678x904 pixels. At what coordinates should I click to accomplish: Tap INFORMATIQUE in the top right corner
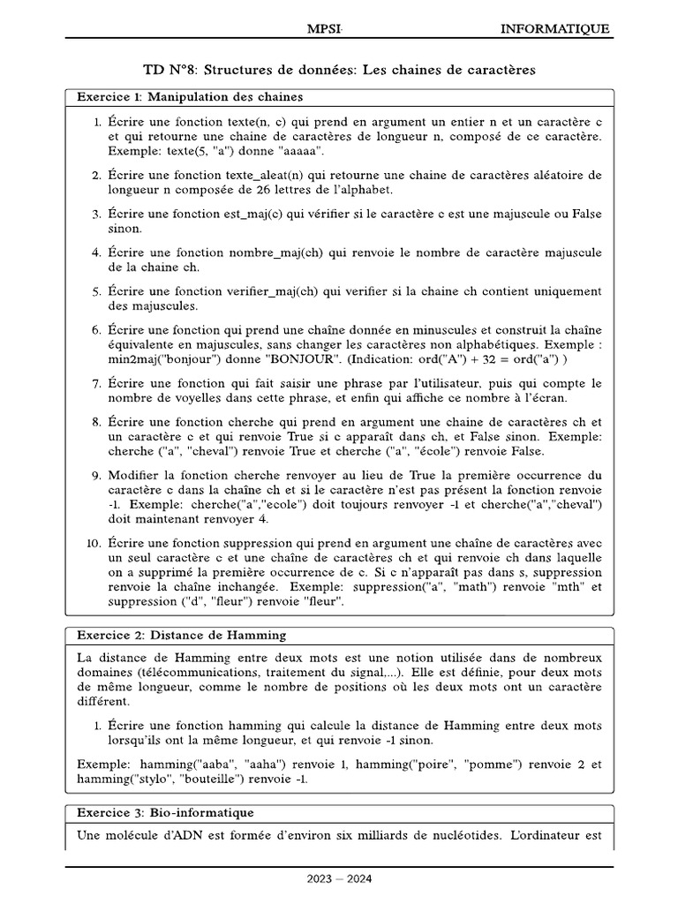point(554,29)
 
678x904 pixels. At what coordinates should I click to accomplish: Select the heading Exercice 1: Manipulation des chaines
point(191,96)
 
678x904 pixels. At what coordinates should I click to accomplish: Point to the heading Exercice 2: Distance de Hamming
point(181,635)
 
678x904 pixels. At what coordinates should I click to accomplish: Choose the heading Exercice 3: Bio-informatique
point(165,811)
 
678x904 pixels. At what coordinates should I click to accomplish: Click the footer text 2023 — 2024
point(339,878)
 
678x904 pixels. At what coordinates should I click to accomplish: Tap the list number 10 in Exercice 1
point(94,543)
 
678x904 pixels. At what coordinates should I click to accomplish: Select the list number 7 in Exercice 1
point(97,383)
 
